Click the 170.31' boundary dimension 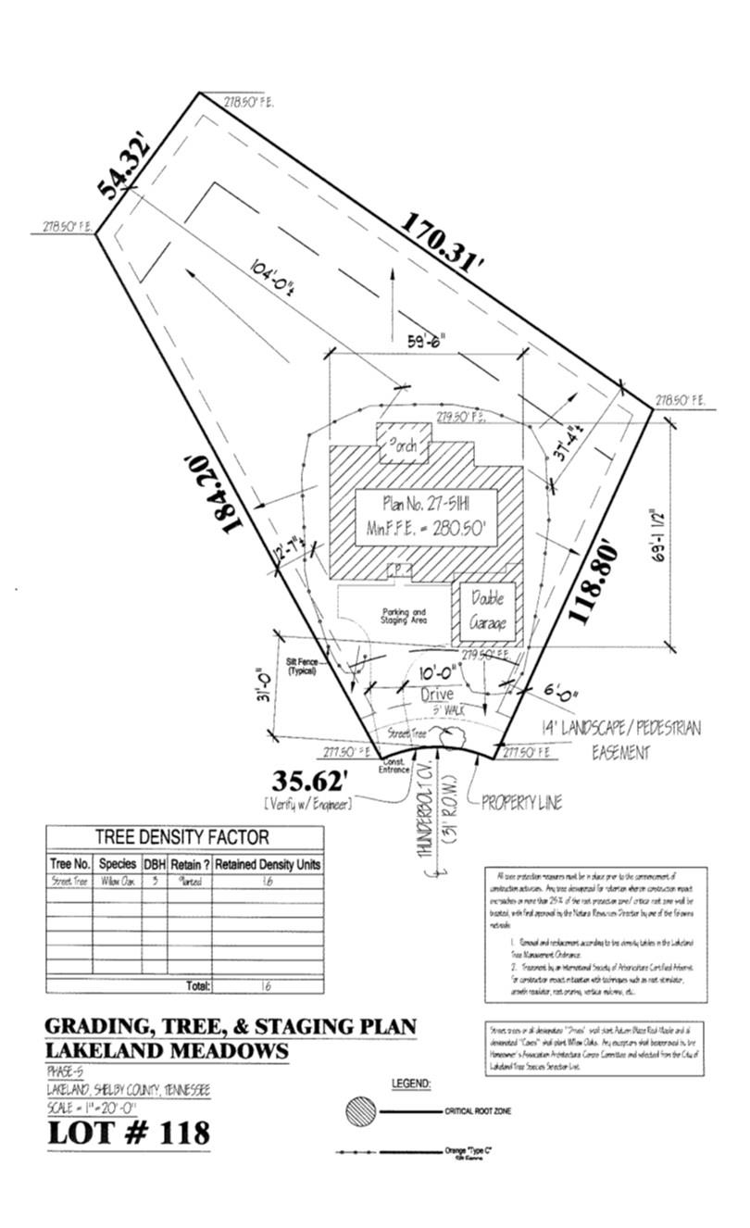[x=443, y=240]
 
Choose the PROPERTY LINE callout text [x=521, y=802]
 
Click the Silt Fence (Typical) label [x=303, y=667]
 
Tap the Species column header [x=118, y=863]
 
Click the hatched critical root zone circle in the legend [x=361, y=1111]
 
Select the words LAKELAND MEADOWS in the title [x=167, y=1051]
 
